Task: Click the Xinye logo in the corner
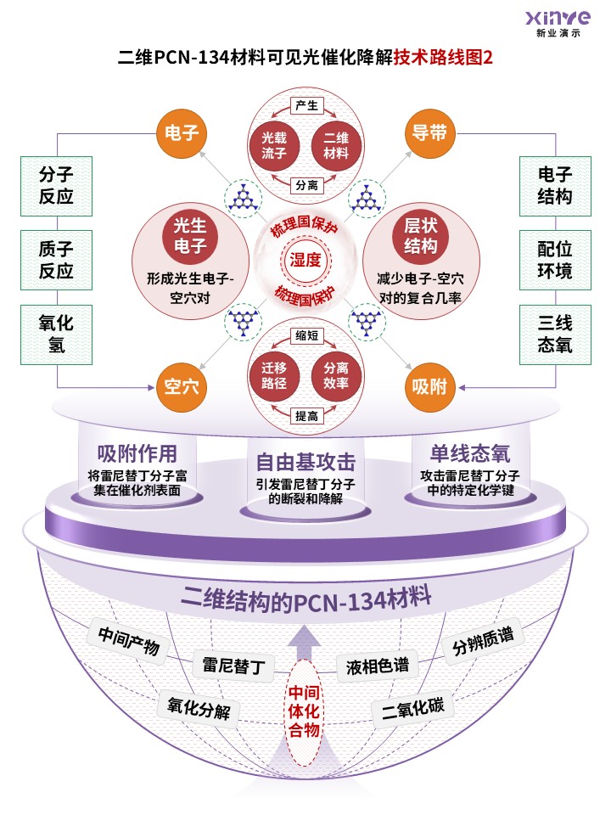pyautogui.click(x=558, y=24)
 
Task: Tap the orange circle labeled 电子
pyautogui.click(x=182, y=133)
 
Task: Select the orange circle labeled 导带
pyautogui.click(x=429, y=133)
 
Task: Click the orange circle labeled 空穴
pyautogui.click(x=182, y=387)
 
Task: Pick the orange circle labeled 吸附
pyautogui.click(x=429, y=387)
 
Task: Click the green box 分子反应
pyautogui.click(x=56, y=186)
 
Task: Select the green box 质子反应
pyautogui.click(x=56, y=260)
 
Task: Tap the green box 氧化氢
pyautogui.click(x=56, y=334)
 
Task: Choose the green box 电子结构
pyautogui.click(x=555, y=186)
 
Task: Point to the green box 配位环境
pyautogui.click(x=555, y=260)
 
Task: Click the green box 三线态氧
pyautogui.click(x=555, y=334)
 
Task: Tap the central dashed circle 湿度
pyautogui.click(x=305, y=260)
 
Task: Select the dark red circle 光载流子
pyautogui.click(x=274, y=145)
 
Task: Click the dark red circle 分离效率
pyautogui.click(x=336, y=375)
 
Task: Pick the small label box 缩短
pyautogui.click(x=306, y=335)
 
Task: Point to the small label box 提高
pyautogui.click(x=306, y=416)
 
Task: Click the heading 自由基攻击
pyautogui.click(x=305, y=462)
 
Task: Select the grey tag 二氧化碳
pyautogui.click(x=413, y=707)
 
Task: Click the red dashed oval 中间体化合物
pyautogui.click(x=304, y=712)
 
